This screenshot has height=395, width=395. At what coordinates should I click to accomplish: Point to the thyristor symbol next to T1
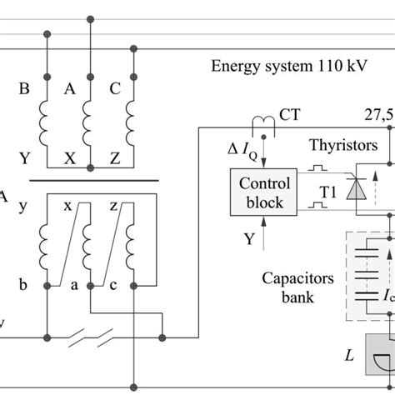pyautogui.click(x=358, y=191)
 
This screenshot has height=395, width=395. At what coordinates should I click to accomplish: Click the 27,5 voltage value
pyautogui.click(x=378, y=113)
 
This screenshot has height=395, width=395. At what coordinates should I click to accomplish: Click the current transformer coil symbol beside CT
pyautogui.click(x=265, y=122)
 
